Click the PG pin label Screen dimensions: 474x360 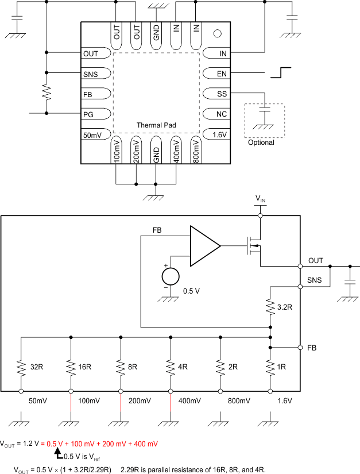[90, 114]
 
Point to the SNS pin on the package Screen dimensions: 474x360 [91, 74]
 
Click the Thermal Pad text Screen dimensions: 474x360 [156, 125]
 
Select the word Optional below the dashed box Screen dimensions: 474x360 [261, 142]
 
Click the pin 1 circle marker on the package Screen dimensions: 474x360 [218, 34]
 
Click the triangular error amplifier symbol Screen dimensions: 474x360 [204, 245]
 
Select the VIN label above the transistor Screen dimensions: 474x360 [261, 199]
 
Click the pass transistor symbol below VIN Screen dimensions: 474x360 [253, 246]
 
